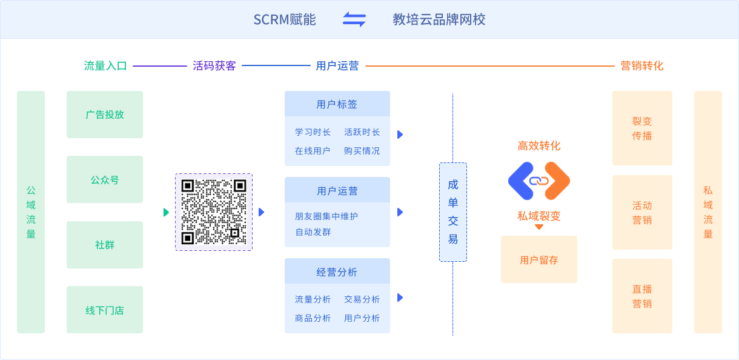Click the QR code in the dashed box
(x=214, y=212)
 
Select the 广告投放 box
(x=105, y=115)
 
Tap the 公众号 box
(x=105, y=179)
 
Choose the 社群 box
(x=105, y=245)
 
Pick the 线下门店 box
(x=105, y=310)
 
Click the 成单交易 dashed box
(x=453, y=212)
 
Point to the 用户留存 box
(x=539, y=260)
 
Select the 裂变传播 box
(x=642, y=128)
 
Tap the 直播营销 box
(x=642, y=296)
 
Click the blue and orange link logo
(x=539, y=181)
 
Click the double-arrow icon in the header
(x=354, y=19)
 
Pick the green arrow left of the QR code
(x=166, y=212)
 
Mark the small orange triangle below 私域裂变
(x=539, y=227)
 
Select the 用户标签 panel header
(x=337, y=104)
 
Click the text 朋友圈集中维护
(x=326, y=216)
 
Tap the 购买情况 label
(x=362, y=151)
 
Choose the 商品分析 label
(x=313, y=318)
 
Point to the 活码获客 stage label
(x=214, y=66)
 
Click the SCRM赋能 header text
(x=285, y=19)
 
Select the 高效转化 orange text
(x=539, y=146)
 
